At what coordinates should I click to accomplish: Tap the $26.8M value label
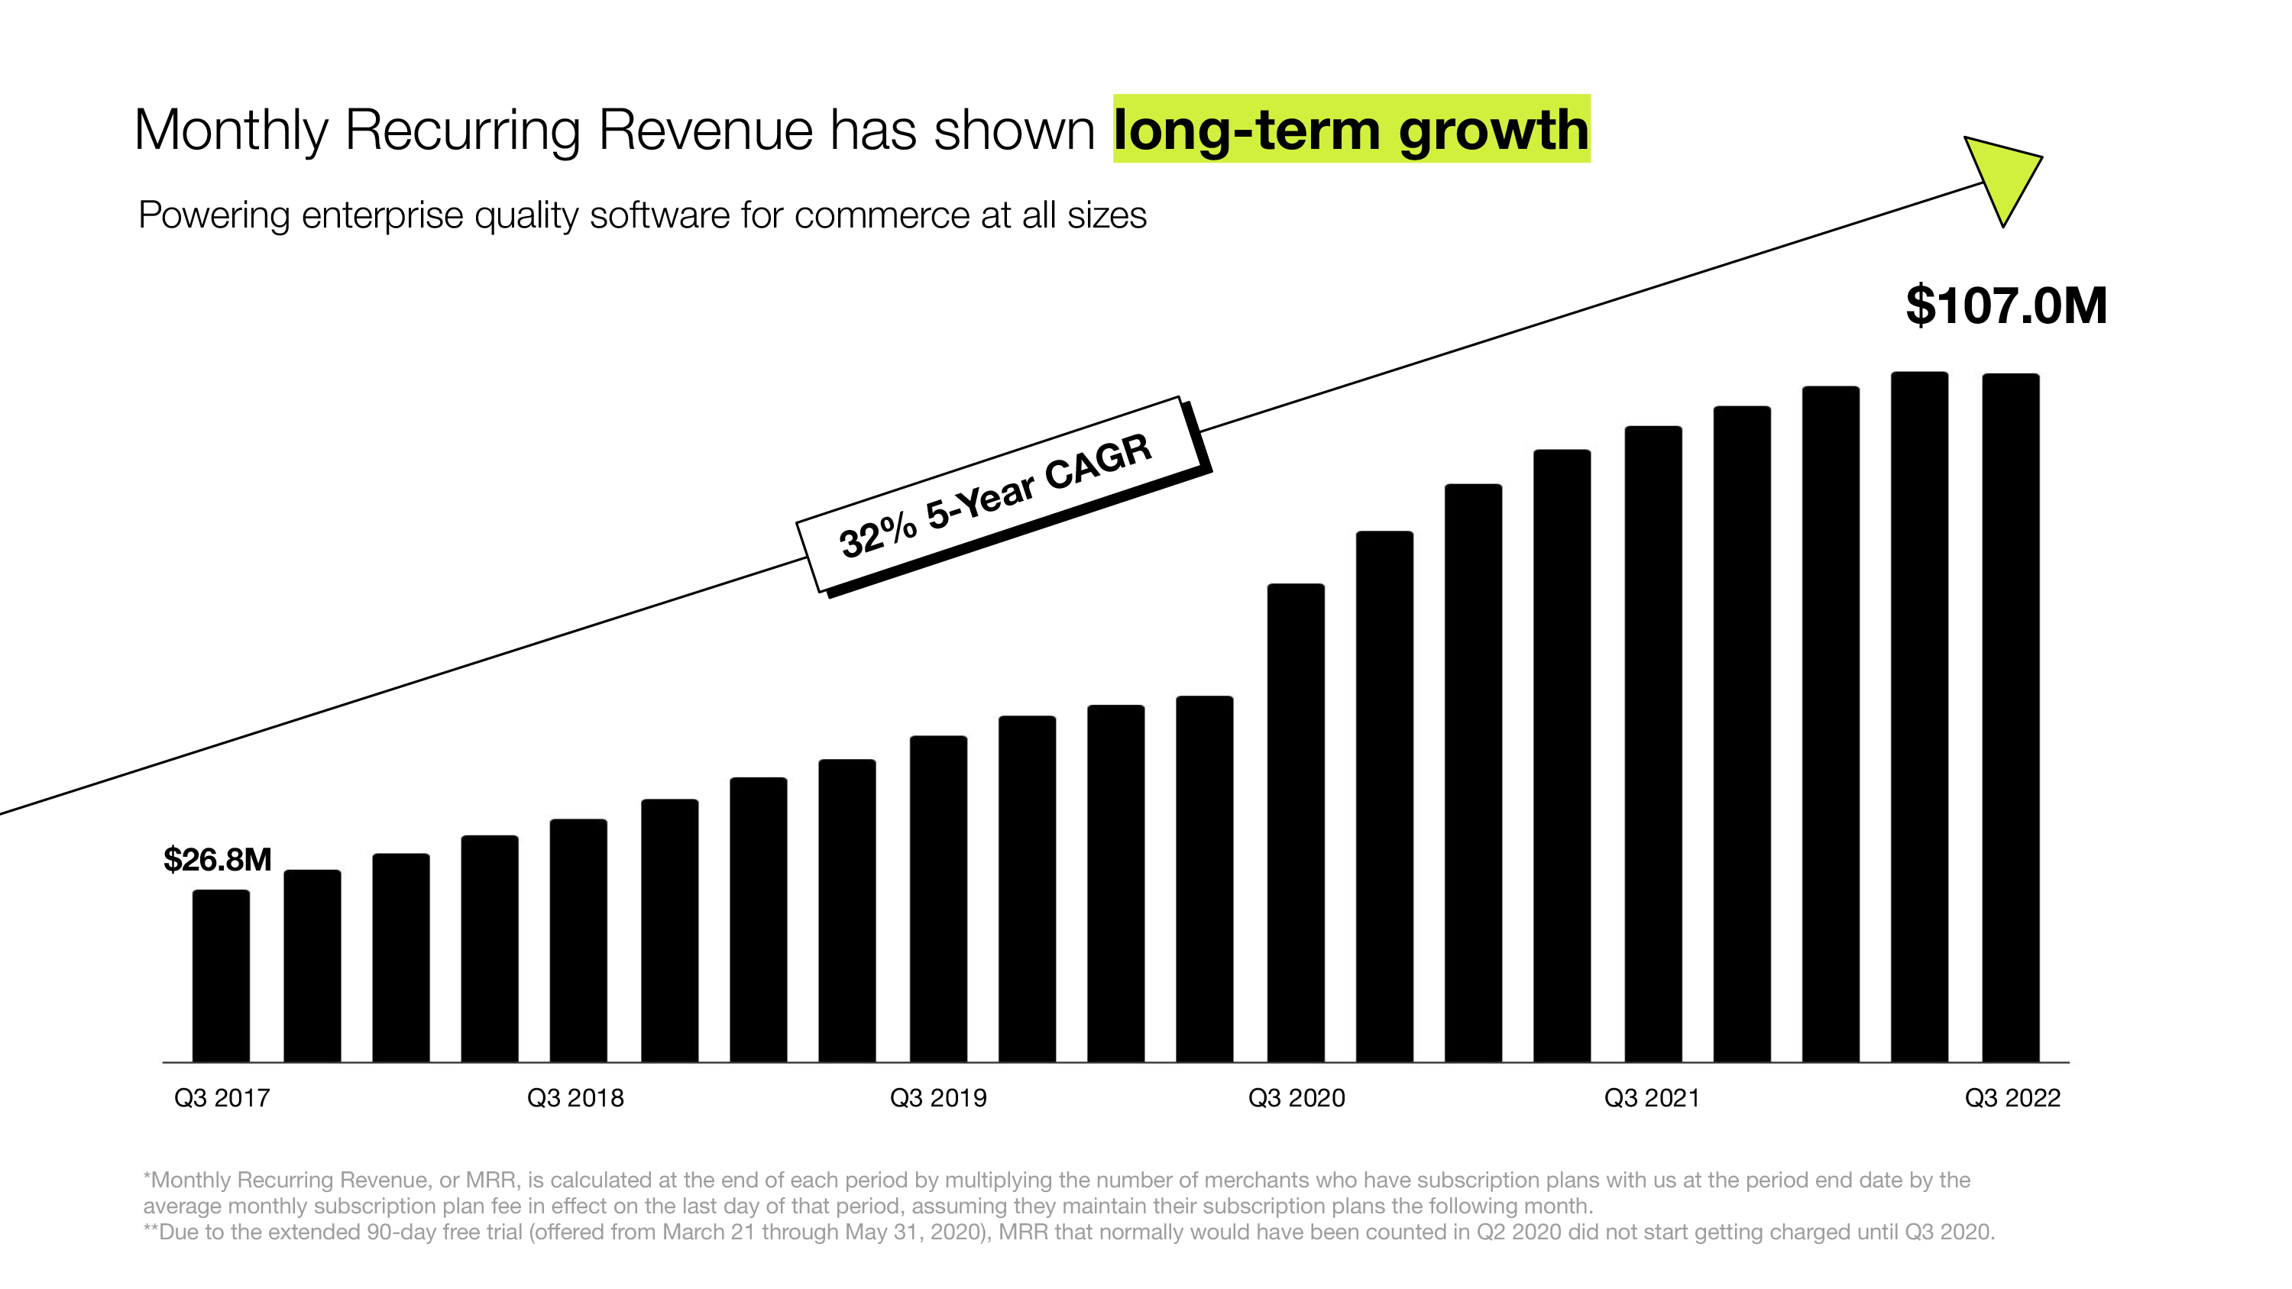point(217,859)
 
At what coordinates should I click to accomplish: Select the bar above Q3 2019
point(937,899)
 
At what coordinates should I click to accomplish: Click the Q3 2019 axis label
point(937,1098)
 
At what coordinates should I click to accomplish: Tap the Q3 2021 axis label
point(1651,1098)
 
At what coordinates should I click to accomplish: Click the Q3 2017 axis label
point(222,1098)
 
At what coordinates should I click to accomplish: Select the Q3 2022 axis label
point(2012,1098)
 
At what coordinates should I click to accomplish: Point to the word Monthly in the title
point(231,131)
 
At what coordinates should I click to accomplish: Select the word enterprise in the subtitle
point(380,215)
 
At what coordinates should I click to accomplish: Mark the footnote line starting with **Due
point(1068,1232)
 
